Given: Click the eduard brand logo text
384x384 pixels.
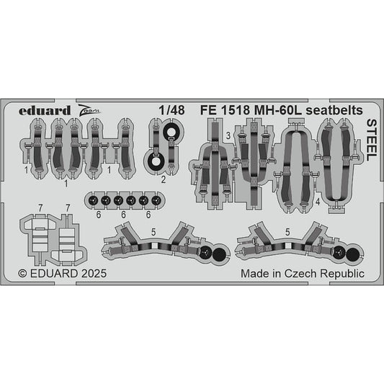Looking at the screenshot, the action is [x=45, y=111].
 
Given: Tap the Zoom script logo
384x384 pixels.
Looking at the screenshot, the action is [x=89, y=111].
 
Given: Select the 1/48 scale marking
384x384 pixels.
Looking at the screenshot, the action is [x=171, y=110].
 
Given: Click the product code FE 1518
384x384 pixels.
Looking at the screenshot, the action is [x=225, y=110].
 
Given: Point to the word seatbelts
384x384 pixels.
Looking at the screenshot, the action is [x=334, y=110].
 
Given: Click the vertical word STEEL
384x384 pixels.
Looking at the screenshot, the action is [x=372, y=140].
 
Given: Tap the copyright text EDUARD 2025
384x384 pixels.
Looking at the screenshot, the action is [x=68, y=273].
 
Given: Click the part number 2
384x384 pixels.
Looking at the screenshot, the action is [x=164, y=180].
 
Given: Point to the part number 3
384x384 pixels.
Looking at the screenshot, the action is [x=228, y=135].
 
